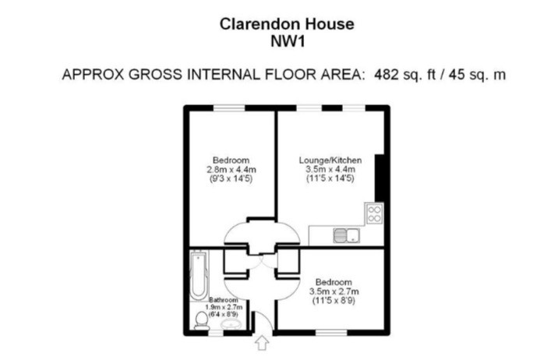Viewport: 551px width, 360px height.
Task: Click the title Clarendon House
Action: (287, 24)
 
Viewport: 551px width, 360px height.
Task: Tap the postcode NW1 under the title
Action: (288, 41)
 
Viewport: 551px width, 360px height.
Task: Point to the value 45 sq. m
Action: (477, 75)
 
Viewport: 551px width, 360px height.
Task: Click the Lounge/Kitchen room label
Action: (330, 161)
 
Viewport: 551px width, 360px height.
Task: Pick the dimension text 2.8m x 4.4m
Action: (231, 170)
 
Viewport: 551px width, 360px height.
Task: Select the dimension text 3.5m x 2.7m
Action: (334, 291)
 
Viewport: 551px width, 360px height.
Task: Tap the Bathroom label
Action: (224, 300)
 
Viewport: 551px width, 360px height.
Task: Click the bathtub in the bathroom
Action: (199, 275)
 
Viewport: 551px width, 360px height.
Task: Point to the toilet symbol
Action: (201, 321)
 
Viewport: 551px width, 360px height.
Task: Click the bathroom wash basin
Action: (231, 325)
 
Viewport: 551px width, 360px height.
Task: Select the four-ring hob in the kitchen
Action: (374, 214)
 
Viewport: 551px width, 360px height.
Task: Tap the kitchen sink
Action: (347, 235)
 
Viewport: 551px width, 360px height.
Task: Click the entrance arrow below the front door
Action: (261, 343)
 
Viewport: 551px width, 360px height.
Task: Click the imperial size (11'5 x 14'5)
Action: (330, 178)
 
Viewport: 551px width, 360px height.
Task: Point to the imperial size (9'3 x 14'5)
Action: (231, 178)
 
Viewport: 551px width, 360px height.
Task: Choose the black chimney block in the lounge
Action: (380, 178)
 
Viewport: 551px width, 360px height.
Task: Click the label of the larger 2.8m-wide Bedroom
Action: (231, 161)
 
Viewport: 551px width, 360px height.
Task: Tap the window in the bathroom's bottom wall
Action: (216, 332)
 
